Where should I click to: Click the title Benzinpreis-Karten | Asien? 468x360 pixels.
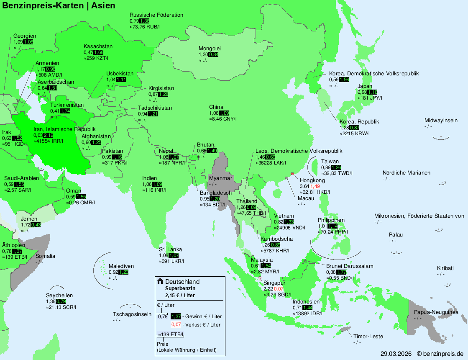59,6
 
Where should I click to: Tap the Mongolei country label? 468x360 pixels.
210,48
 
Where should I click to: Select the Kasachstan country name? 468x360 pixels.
98,46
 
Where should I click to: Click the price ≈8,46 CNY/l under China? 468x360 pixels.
223,119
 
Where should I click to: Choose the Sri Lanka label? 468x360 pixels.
170,249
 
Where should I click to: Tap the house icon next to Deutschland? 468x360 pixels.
160,281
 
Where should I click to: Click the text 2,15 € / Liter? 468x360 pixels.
180,295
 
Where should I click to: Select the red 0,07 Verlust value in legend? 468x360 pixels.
176,324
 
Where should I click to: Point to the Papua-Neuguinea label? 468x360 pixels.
436,312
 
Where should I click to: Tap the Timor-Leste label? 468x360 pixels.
368,337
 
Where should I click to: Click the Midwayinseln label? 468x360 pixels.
441,121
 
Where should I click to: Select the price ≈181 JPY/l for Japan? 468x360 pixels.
370,98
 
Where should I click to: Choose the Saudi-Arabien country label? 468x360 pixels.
21,178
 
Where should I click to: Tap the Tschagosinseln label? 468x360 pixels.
132,314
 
